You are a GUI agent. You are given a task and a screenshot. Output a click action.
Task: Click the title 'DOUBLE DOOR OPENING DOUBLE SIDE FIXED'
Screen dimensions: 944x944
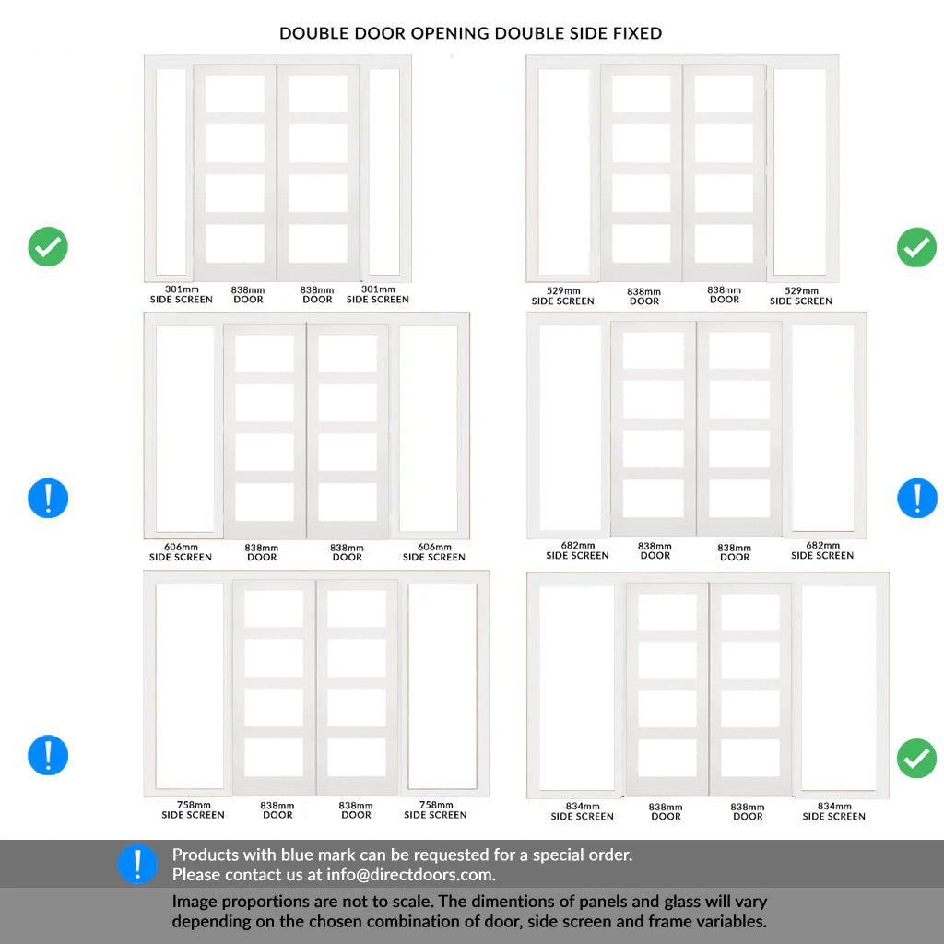[x=471, y=33]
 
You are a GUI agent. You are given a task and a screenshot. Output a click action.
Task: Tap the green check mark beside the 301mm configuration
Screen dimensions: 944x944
[x=48, y=247]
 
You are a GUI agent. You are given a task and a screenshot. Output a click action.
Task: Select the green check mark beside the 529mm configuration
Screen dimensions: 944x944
[x=917, y=247]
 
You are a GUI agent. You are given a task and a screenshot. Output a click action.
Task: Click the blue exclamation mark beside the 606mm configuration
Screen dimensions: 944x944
[x=48, y=498]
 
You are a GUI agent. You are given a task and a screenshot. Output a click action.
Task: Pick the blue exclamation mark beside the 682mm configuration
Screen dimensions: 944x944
[x=917, y=498]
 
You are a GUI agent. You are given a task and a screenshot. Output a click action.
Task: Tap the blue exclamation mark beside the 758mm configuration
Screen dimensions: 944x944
[x=48, y=755]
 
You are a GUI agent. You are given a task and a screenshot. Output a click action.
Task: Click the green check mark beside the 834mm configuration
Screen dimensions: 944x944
[x=917, y=758]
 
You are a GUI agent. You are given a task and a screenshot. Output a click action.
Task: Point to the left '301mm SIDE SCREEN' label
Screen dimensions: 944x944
[x=182, y=294]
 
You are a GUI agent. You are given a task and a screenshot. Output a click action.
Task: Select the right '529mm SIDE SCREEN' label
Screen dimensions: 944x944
[x=801, y=296]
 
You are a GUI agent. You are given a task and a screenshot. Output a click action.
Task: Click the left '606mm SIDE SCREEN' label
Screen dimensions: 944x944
[x=181, y=552]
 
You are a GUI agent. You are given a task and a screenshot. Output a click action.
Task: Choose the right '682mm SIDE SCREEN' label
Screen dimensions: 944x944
[x=822, y=550]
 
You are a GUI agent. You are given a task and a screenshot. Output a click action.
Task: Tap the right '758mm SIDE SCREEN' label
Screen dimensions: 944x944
[x=435, y=809]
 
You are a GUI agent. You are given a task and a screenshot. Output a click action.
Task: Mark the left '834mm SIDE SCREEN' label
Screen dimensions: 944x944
[x=583, y=811]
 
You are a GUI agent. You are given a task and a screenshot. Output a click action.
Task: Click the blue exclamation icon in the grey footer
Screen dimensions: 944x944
[x=137, y=864]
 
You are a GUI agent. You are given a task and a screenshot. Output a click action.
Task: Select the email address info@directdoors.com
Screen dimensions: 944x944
[x=410, y=875]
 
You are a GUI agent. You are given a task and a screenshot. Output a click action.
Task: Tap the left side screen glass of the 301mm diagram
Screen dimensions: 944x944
[x=171, y=171]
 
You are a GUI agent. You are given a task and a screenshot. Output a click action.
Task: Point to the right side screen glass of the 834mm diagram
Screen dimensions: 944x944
[x=839, y=688]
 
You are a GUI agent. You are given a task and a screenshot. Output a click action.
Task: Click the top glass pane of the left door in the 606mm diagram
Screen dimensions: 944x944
[x=265, y=353]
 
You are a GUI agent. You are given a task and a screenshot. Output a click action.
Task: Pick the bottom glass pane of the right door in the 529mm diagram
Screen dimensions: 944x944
[x=724, y=243]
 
